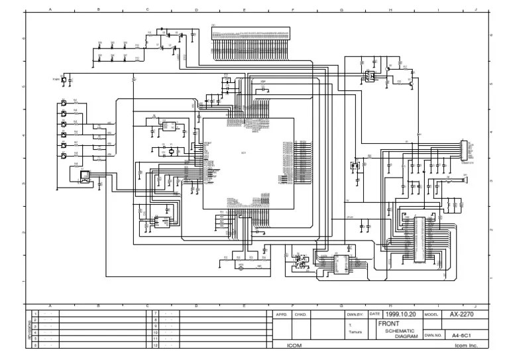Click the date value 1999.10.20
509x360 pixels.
coord(401,314)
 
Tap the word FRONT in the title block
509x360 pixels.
coord(388,324)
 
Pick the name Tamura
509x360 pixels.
coord(355,333)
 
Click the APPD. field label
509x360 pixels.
coord(280,314)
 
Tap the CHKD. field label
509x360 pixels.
coord(300,314)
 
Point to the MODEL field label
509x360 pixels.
coord(431,314)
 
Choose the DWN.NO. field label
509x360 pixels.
coord(433,335)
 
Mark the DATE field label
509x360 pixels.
coord(374,314)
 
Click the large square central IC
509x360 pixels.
coord(249,162)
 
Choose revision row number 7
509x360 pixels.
coord(155,312)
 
